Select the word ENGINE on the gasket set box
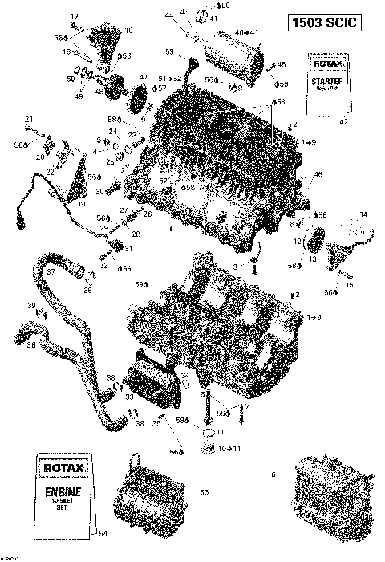pos(64,489)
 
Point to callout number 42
pos(344,122)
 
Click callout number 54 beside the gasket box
pos(101,533)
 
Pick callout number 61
pos(275,474)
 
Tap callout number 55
pos(203,491)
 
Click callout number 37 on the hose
pos(50,272)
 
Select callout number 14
pos(363,214)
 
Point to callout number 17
pos(75,17)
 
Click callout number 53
pos(169,51)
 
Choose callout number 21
pos(27,120)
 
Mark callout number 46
pos(318,174)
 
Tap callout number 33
pos(130,396)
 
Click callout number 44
pos(169,15)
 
